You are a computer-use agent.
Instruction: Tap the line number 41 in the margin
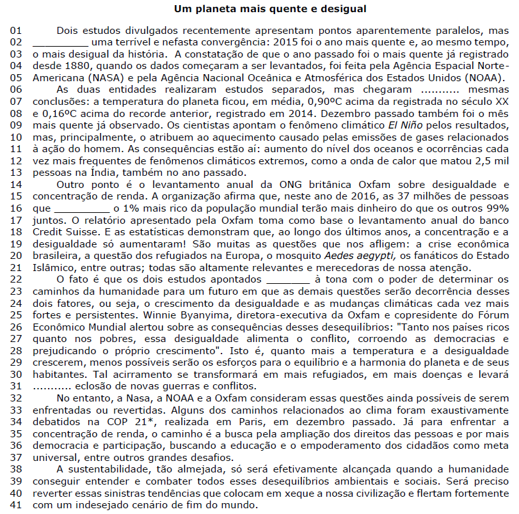pos(16,504)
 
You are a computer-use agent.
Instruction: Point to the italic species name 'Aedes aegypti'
pos(394,256)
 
